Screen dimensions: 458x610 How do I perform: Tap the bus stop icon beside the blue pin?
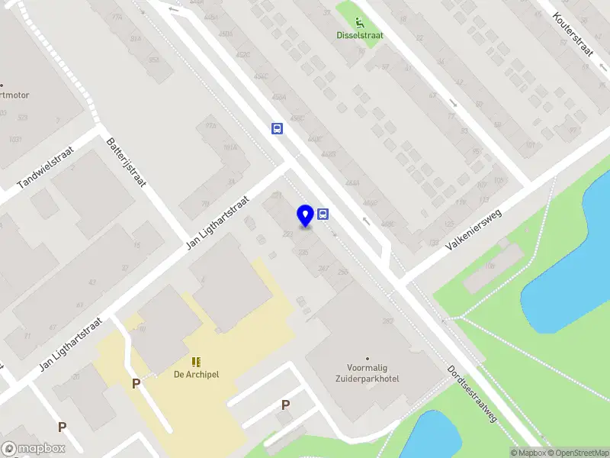pos(323,214)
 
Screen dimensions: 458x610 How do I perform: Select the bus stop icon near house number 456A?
pos(277,128)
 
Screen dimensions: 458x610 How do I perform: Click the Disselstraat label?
pos(360,34)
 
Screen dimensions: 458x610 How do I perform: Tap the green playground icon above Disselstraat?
pos(360,22)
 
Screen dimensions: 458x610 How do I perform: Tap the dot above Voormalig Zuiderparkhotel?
pos(368,358)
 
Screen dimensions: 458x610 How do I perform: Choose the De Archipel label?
pos(197,374)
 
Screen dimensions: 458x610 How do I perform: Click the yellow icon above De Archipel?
pos(196,361)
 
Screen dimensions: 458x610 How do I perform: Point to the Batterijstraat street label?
pos(127,163)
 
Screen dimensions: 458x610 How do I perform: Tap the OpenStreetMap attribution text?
pos(575,453)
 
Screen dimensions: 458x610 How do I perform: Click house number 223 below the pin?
pos(288,234)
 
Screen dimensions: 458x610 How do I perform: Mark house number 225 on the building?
pos(303,251)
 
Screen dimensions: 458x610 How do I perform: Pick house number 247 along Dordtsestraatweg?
pos(323,267)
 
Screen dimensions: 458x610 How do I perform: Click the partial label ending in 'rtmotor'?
pos(14,95)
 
